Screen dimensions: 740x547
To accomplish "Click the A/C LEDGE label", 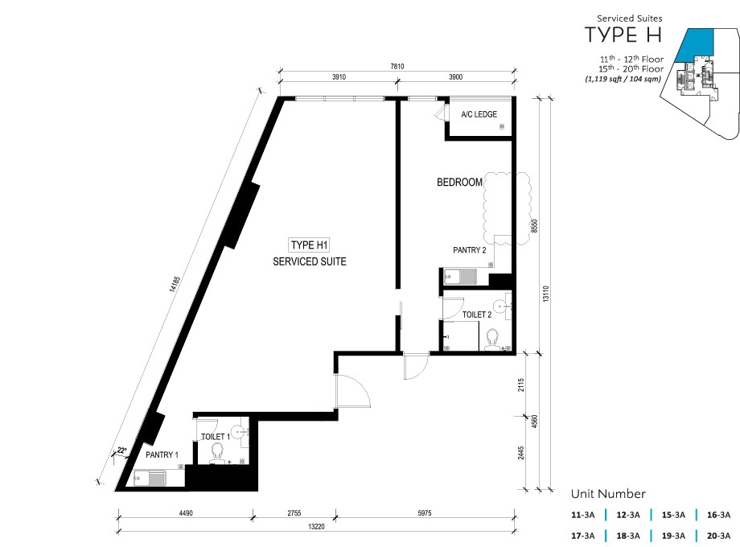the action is coord(479,114).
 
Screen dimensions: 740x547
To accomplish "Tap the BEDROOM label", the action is coord(459,182).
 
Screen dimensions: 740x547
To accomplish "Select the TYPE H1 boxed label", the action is coord(309,245).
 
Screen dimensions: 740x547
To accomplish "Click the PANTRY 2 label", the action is coord(470,250).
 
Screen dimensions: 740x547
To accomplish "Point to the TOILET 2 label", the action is coord(477,315).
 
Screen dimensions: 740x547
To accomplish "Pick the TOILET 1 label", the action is coord(216,437).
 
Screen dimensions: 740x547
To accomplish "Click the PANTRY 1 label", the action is coord(162,455).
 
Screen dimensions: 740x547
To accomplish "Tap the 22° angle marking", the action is coord(121,450).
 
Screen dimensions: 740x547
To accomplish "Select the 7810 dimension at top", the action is coord(397,67).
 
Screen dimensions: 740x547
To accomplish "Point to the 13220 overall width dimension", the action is coord(316,527).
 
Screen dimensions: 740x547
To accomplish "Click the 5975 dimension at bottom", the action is coord(424,513).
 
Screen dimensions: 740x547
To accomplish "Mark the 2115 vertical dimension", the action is coord(521,385).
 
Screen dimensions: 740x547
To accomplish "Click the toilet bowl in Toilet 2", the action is coord(492,339).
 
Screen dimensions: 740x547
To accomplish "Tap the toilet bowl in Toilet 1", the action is coord(217,453).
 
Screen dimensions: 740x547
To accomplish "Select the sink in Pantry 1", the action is coord(150,478).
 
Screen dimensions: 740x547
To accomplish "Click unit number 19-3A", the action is coord(673,536).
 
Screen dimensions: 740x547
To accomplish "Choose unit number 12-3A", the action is coord(627,515).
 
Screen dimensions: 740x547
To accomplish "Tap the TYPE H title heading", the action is coord(623,35).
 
